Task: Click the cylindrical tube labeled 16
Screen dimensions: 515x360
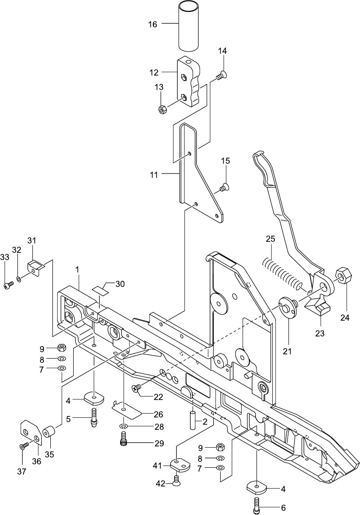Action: coord(189,26)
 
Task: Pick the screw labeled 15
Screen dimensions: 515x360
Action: coord(224,187)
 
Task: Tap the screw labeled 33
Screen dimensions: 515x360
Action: coord(7,284)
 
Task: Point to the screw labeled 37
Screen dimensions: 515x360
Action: coord(23,446)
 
